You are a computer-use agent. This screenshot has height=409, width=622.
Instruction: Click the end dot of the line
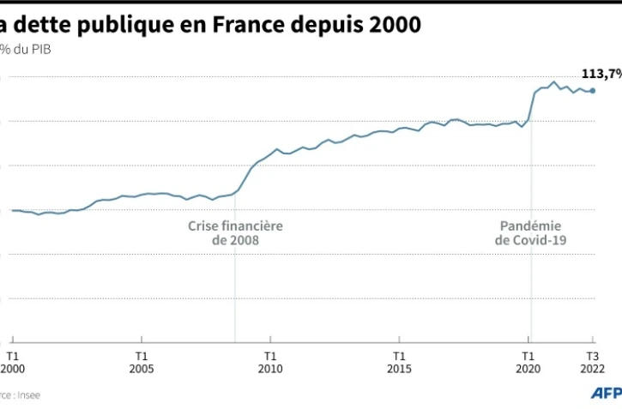coord(592,91)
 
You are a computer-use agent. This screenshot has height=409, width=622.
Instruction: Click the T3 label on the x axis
coord(592,354)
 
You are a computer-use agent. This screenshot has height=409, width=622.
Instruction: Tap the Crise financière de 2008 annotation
coord(235,233)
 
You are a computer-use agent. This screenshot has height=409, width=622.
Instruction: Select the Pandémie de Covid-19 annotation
coord(531,233)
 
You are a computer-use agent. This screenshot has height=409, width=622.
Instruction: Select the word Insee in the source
coord(29,395)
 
